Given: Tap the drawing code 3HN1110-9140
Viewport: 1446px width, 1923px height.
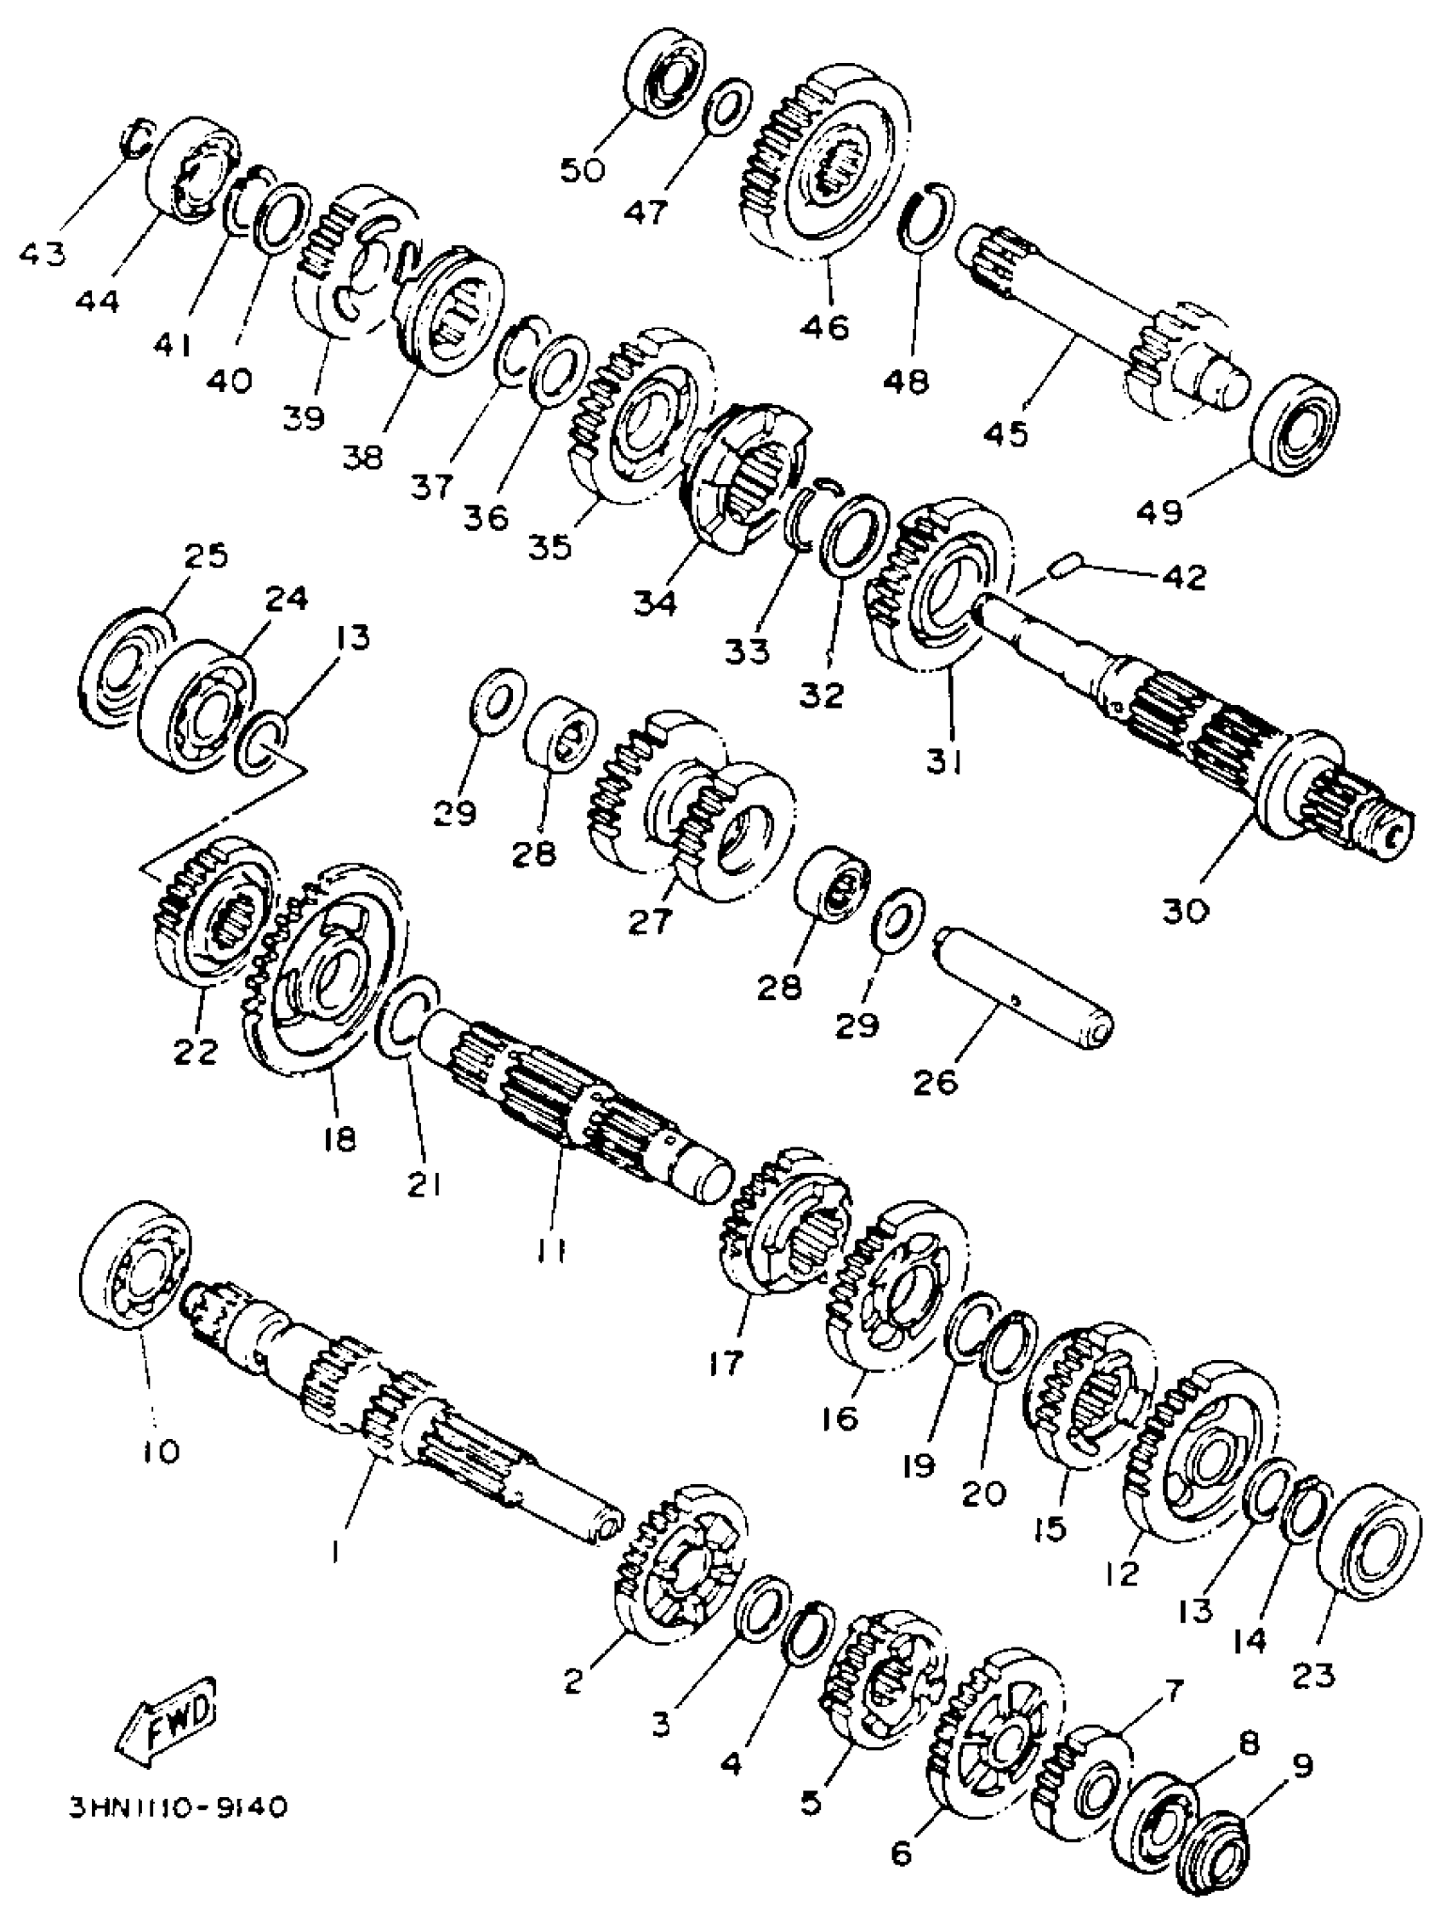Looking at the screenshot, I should coord(178,1805).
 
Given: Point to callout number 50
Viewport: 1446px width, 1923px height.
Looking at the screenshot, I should coord(582,169).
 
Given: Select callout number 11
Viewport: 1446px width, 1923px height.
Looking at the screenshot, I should coord(551,1251).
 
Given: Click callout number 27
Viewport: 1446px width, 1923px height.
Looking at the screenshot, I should coord(651,921).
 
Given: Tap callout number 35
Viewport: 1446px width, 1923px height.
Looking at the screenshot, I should coord(550,547).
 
